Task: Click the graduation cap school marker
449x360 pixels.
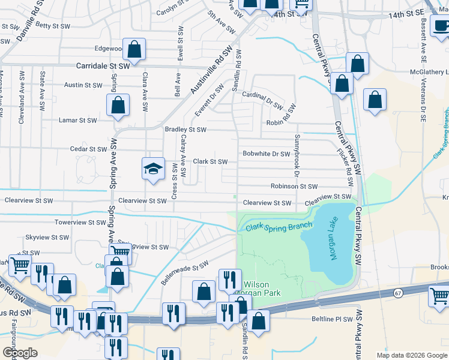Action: [153, 168]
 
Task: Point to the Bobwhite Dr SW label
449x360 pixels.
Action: [266, 154]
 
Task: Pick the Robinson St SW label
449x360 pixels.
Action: [293, 187]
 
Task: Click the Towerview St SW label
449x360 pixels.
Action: [80, 222]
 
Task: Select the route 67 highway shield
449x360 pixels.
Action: [398, 293]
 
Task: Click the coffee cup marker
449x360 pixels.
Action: [441, 26]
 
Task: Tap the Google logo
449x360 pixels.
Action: [20, 353]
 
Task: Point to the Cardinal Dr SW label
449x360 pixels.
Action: [262, 100]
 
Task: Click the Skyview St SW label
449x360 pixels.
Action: [47, 238]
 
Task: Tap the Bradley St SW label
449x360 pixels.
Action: [185, 129]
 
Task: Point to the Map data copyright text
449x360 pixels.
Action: [411, 355]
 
